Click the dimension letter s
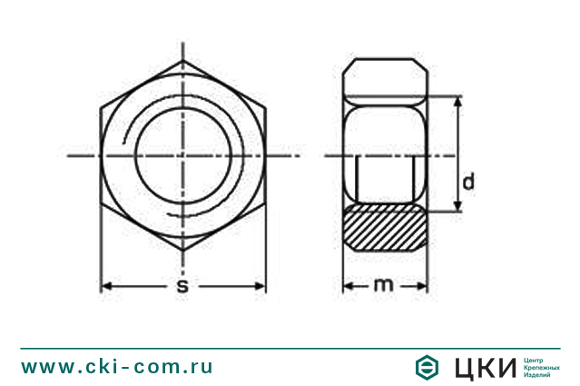click(182, 286)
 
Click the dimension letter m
click(384, 285)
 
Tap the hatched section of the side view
click(385, 230)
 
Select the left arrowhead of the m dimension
click(348, 285)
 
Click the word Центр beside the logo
click(534, 359)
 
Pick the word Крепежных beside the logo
click(541, 367)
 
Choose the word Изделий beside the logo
click(537, 375)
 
